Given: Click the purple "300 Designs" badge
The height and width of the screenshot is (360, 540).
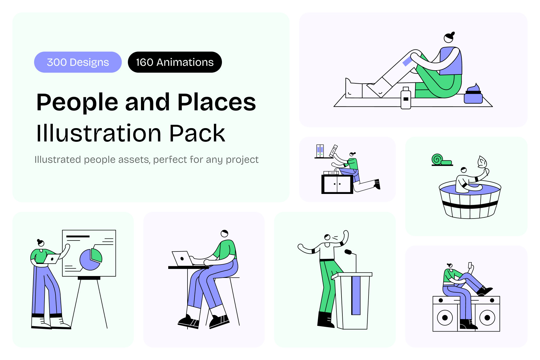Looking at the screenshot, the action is tap(78, 62).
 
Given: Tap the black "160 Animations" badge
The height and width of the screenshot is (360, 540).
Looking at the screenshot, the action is tap(175, 62).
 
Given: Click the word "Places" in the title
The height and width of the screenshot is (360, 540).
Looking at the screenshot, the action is tap(217, 102).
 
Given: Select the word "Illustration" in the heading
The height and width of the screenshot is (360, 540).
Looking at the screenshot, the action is tap(99, 133).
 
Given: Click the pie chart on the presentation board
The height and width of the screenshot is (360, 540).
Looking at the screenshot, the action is tap(91, 259).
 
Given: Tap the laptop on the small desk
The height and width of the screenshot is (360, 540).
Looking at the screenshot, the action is tap(183, 259).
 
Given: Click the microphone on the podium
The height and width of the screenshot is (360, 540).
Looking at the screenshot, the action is tap(348, 252).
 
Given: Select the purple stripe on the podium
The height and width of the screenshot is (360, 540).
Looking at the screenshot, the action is tap(356, 295).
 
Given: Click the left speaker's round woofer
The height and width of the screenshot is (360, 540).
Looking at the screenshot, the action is tap(445, 318).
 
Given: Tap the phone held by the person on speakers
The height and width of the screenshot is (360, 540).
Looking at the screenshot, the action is tap(470, 265).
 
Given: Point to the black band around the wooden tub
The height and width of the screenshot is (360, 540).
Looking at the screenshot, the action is tap(470, 205).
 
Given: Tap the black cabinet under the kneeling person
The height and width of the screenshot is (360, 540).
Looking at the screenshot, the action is tap(337, 184).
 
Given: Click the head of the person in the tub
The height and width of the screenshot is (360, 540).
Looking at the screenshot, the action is tap(463, 170).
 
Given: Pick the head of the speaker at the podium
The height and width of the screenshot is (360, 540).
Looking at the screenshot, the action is tap(327, 237).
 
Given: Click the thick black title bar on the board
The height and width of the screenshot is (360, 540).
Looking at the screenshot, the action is tap(78, 236).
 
